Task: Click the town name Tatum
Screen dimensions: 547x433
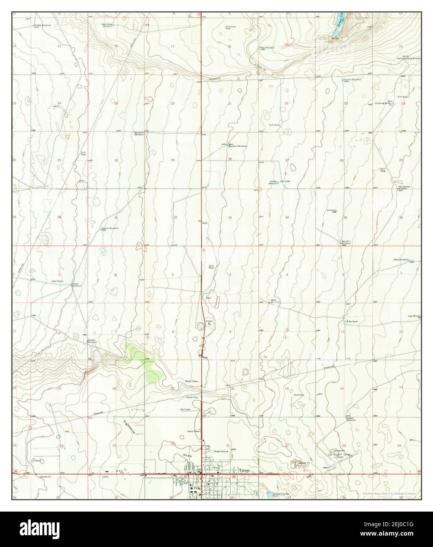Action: pos(244,469)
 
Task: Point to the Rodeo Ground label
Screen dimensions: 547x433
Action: pos(221,451)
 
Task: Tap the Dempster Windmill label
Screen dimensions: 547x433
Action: pos(140,134)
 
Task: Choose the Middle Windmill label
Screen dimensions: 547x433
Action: pos(43,15)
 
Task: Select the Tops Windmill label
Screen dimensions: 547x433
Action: pos(268,48)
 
